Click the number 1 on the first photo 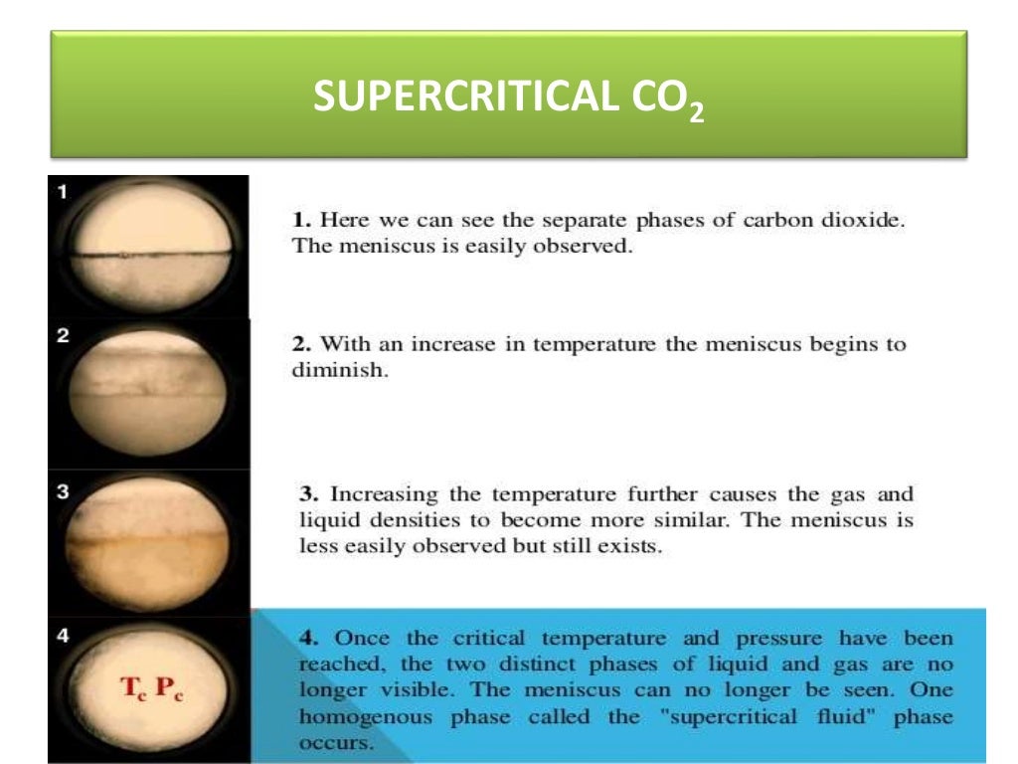(x=62, y=193)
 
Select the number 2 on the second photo (x=62, y=336)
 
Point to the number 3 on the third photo (x=62, y=488)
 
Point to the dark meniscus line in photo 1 (x=149, y=257)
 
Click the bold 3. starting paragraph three (x=310, y=494)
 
